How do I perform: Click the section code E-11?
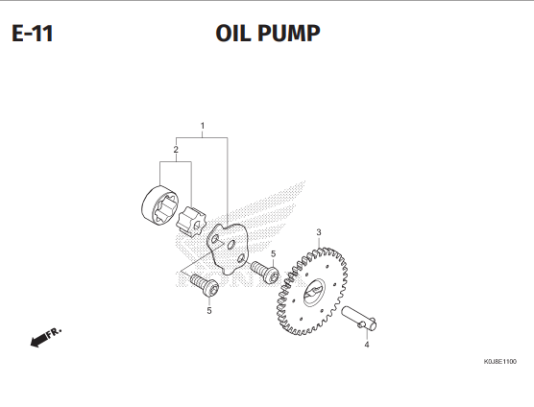coord(33,34)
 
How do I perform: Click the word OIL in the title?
coord(234,34)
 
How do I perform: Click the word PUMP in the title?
coord(289,34)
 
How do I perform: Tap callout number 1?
coord(203,126)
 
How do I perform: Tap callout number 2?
coord(176,150)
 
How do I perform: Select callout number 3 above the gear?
coord(319,232)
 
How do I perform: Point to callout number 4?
coord(367,345)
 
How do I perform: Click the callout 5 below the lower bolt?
coord(209,311)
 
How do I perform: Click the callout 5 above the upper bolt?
coord(273,253)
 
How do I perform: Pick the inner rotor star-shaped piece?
coord(191,221)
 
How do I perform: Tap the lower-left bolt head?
coord(210,288)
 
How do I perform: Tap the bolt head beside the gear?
coord(272,274)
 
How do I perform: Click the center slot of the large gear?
coord(314,291)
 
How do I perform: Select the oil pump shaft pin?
coord(359,318)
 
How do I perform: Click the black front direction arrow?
coord(38,340)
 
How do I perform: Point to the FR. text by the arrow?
coord(54,332)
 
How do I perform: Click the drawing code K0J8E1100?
coord(500,361)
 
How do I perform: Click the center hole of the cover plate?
coord(231,244)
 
